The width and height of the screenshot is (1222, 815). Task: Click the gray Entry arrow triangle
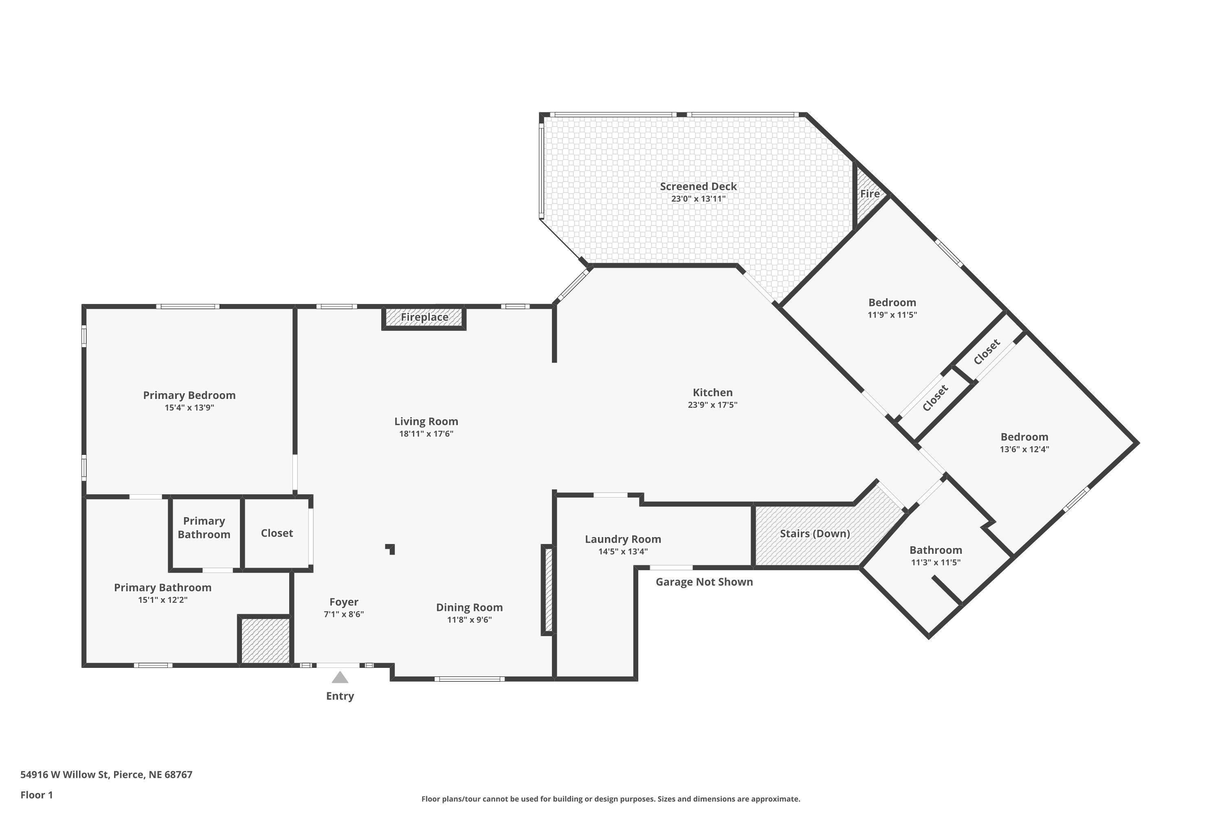coord(340,677)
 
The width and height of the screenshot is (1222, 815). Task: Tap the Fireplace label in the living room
coord(424,317)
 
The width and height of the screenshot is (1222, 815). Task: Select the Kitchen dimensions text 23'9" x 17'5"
coord(712,405)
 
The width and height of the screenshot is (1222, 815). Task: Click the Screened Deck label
coord(698,186)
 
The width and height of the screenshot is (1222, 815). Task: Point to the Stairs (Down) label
coord(814,533)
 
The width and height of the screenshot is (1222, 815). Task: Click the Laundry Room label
coord(622,539)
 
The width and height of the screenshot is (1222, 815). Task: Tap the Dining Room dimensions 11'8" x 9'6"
coord(469,619)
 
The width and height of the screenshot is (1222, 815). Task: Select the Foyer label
coord(343,601)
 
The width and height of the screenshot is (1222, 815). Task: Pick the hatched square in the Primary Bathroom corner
coord(264,640)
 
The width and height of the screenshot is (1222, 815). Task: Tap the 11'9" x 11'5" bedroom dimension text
coord(892,315)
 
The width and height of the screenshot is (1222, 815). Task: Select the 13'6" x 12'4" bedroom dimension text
coord(1024,449)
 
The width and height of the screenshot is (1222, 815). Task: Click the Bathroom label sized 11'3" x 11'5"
coord(935,550)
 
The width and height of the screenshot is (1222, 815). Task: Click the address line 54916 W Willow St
coord(106,775)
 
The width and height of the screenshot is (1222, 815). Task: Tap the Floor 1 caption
coord(36,795)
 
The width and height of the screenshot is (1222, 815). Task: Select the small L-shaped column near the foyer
coord(391,548)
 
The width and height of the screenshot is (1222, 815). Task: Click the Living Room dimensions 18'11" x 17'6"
coord(426,434)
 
